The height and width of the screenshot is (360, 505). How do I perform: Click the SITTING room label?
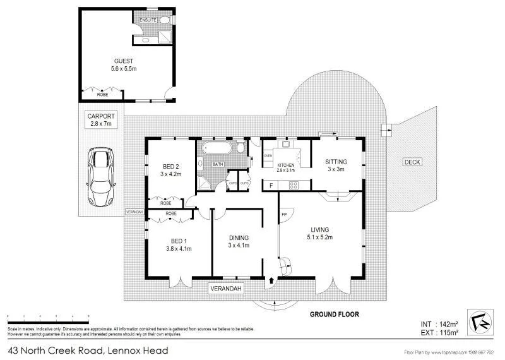click(336, 162)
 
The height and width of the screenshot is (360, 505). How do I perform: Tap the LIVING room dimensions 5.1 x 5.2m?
click(319, 237)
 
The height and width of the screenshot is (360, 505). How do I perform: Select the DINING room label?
click(239, 237)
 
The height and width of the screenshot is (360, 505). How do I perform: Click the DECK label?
click(412, 162)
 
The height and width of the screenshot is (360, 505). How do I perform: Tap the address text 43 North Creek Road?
click(88, 349)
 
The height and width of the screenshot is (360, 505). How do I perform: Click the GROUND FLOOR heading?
click(335, 314)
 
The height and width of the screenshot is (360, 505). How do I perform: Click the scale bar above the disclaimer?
click(48, 315)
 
